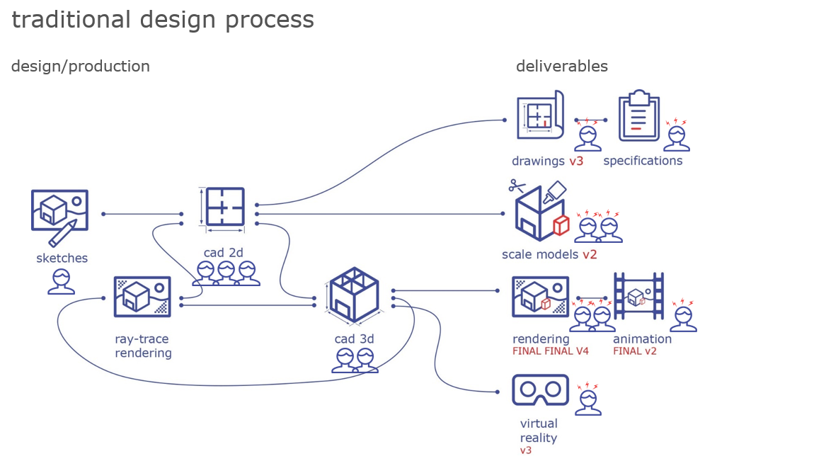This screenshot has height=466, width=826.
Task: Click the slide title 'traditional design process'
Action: tap(162, 20)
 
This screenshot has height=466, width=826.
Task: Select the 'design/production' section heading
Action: tap(80, 67)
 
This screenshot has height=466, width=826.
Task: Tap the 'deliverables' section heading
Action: tap(561, 67)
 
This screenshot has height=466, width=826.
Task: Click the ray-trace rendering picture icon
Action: tap(142, 297)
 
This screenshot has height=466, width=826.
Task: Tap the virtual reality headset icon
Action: tap(540, 389)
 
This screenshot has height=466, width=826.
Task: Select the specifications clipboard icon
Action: tap(639, 117)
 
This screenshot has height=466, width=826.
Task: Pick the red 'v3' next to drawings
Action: tap(576, 161)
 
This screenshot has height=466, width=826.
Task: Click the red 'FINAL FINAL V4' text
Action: tap(550, 351)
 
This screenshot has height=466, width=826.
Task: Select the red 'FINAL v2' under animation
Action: tap(634, 351)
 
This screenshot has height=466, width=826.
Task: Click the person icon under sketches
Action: tap(62, 282)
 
